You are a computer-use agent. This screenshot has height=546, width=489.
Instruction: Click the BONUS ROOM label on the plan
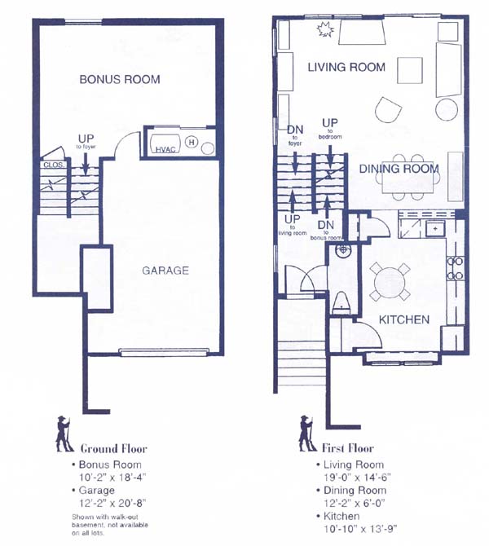[x=120, y=79]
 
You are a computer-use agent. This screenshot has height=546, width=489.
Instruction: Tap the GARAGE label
[x=165, y=271]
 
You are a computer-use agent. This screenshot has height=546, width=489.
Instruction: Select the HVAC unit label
[x=165, y=149]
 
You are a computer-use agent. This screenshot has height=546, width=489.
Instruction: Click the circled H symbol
[x=192, y=142]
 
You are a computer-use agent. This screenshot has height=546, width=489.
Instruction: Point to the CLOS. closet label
[x=53, y=165]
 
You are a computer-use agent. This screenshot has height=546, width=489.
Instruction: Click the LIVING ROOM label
[x=346, y=67]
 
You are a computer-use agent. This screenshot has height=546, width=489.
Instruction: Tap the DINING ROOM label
[x=399, y=169]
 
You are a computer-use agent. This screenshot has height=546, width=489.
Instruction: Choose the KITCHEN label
[x=404, y=319]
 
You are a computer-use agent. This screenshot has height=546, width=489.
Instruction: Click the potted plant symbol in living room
[x=325, y=29]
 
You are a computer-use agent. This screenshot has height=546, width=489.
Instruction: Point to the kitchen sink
[x=435, y=229]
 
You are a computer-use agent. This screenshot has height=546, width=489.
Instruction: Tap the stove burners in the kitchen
[x=456, y=268]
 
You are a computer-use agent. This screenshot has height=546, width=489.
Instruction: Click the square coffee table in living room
[x=410, y=70]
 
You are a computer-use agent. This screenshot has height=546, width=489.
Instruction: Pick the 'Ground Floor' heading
[x=114, y=448]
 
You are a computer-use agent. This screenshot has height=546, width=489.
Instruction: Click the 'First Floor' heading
[x=347, y=448]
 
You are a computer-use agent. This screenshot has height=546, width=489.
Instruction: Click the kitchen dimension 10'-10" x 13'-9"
[x=360, y=529]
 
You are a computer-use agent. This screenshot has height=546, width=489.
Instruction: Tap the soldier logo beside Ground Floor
[x=64, y=434]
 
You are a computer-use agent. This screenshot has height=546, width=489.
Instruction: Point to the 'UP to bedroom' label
[x=330, y=129]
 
